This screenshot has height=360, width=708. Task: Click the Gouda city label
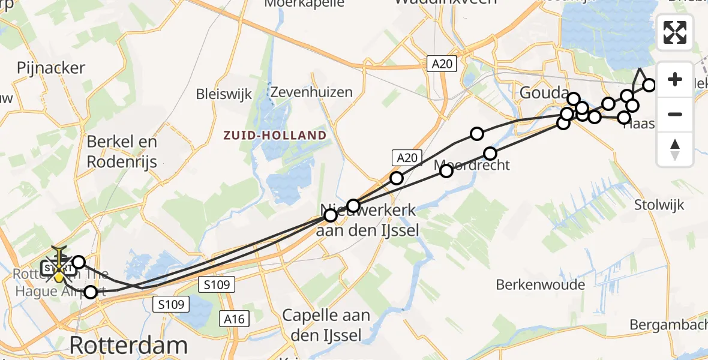[x=544, y=94]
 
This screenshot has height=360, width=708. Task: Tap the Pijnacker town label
[x=51, y=68]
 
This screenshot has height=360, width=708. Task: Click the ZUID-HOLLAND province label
[x=275, y=135]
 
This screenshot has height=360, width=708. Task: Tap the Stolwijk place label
[x=659, y=205]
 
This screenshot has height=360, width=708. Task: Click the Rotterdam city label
[x=128, y=346]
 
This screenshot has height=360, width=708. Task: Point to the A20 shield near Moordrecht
[x=406, y=158]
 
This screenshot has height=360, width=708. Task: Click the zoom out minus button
[x=675, y=114]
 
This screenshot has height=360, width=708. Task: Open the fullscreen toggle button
[x=675, y=32]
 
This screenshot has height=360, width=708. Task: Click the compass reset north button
[x=675, y=149]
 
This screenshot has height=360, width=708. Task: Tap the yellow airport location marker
[x=59, y=277]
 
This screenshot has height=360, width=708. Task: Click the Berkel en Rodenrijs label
[x=122, y=151]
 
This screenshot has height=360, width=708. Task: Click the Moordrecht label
[x=473, y=165]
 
